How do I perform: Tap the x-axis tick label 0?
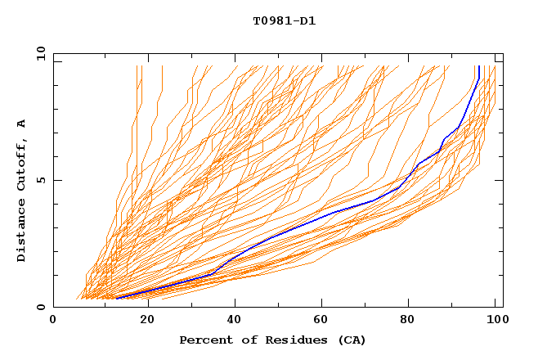tap(53, 321)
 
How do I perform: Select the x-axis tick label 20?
tap(148, 321)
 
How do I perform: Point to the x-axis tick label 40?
tap(236, 321)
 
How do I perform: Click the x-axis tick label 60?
tap(325, 321)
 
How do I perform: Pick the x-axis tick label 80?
tap(413, 321)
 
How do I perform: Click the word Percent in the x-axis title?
tap(202, 340)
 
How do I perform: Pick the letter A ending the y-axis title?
tap(22, 124)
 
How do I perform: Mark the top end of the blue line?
tap(478, 67)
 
